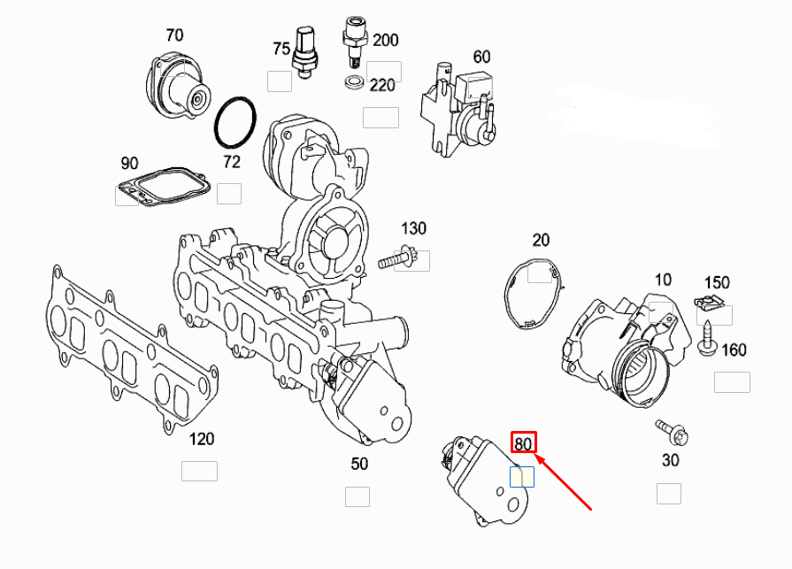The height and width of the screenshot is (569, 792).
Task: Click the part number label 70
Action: pos(174,35)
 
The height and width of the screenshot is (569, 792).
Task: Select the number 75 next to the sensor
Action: pos(281,50)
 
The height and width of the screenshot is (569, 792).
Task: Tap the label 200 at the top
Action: pos(386,40)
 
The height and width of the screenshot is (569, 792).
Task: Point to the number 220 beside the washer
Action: pos(382,86)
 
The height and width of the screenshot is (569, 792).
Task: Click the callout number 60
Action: pos(481,57)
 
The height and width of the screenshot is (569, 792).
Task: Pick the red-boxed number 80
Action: pos(524,443)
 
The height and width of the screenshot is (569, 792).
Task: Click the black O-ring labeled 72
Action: pos(235,124)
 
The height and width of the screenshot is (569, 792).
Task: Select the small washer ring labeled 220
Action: pos(353,84)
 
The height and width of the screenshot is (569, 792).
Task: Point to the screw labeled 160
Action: pos(708,342)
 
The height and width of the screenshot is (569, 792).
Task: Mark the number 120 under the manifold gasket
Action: pos(202,440)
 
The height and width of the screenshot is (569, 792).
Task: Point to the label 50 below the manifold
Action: pos(358,464)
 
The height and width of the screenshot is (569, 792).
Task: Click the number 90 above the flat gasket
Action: pos(129,164)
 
